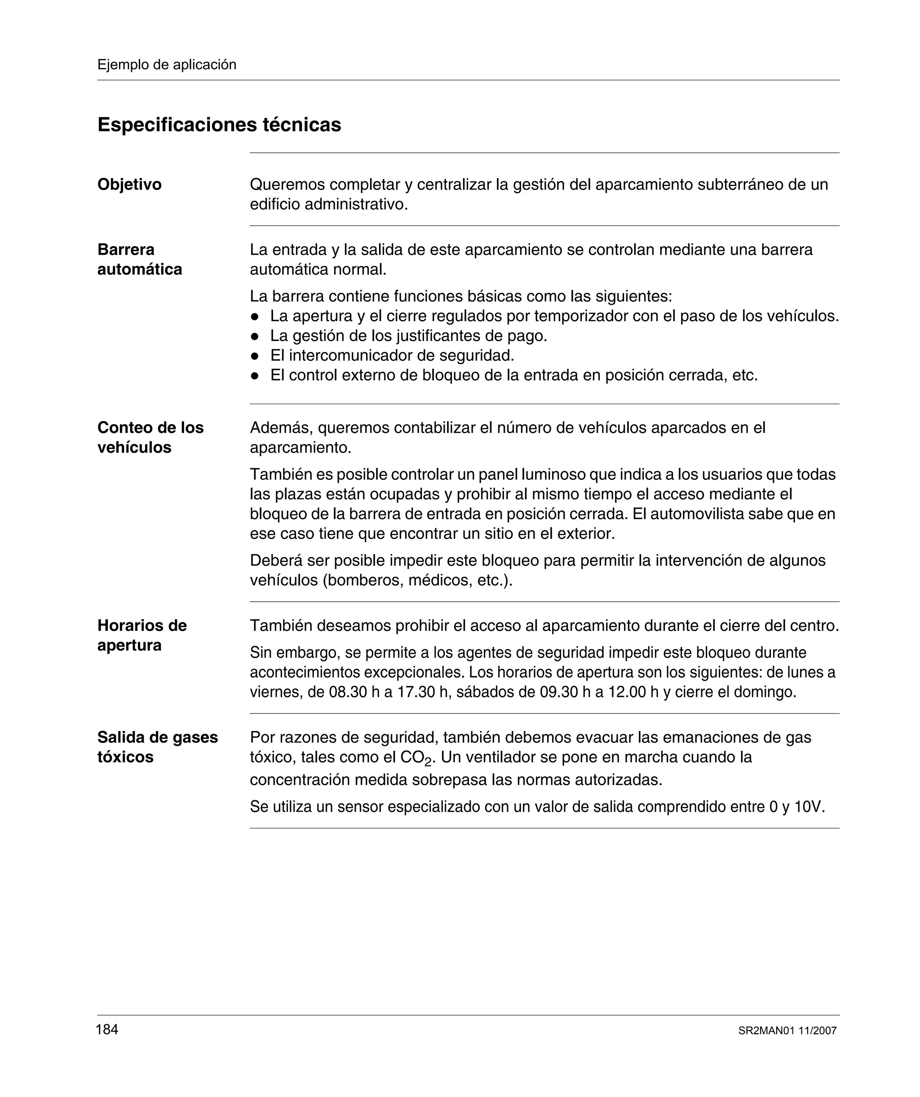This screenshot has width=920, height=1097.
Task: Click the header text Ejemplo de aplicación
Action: [167, 65]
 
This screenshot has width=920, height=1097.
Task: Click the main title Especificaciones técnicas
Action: [219, 125]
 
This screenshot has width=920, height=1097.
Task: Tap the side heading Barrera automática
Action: [139, 259]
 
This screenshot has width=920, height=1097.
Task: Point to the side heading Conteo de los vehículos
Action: [150, 437]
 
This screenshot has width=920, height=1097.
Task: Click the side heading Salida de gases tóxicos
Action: [157, 747]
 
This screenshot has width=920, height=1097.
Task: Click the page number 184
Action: [107, 1030]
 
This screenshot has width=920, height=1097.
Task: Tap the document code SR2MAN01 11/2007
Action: [787, 1031]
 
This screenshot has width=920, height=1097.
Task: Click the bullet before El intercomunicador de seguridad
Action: [255, 356]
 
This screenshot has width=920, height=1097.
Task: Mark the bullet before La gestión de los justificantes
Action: [255, 336]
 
